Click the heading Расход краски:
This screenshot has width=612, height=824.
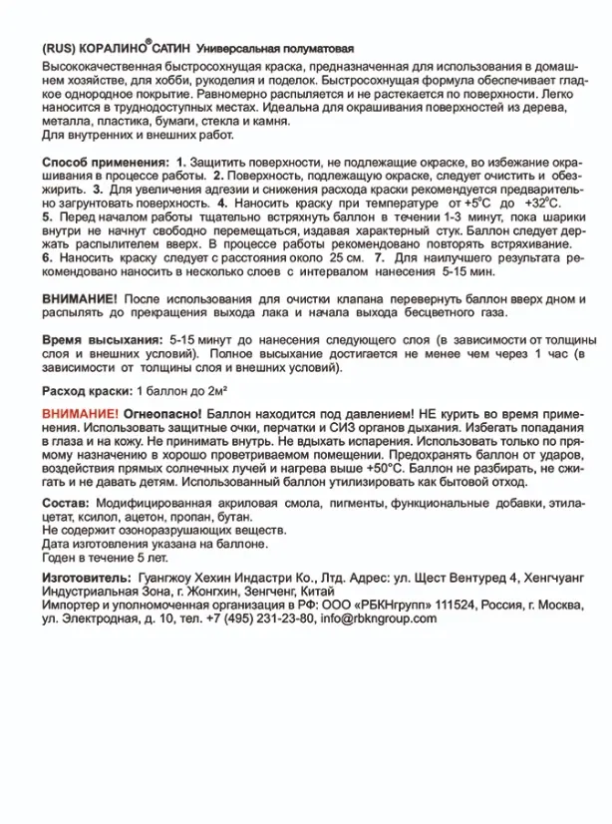[x=87, y=389]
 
